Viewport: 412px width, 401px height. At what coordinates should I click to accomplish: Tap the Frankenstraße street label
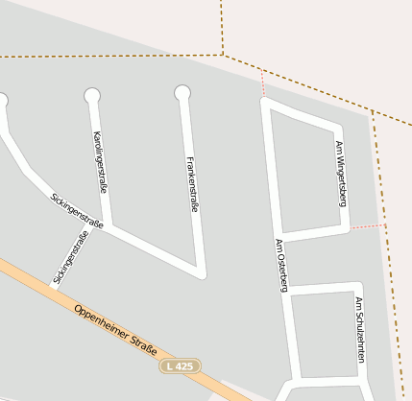pyautogui.click(x=191, y=183)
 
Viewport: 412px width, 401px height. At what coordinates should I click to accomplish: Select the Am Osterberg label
pyautogui.click(x=281, y=264)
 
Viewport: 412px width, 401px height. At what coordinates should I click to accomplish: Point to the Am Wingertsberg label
pyautogui.click(x=340, y=174)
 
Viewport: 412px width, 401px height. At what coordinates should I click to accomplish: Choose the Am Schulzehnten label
pyautogui.click(x=360, y=329)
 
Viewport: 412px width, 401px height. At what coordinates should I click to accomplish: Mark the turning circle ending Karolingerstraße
pyautogui.click(x=92, y=95)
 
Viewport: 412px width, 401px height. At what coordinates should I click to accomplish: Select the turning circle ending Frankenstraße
pyautogui.click(x=182, y=93)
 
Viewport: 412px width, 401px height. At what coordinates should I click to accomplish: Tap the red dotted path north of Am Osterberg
pyautogui.click(x=262, y=83)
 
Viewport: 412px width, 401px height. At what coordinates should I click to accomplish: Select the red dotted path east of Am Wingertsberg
pyautogui.click(x=366, y=227)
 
